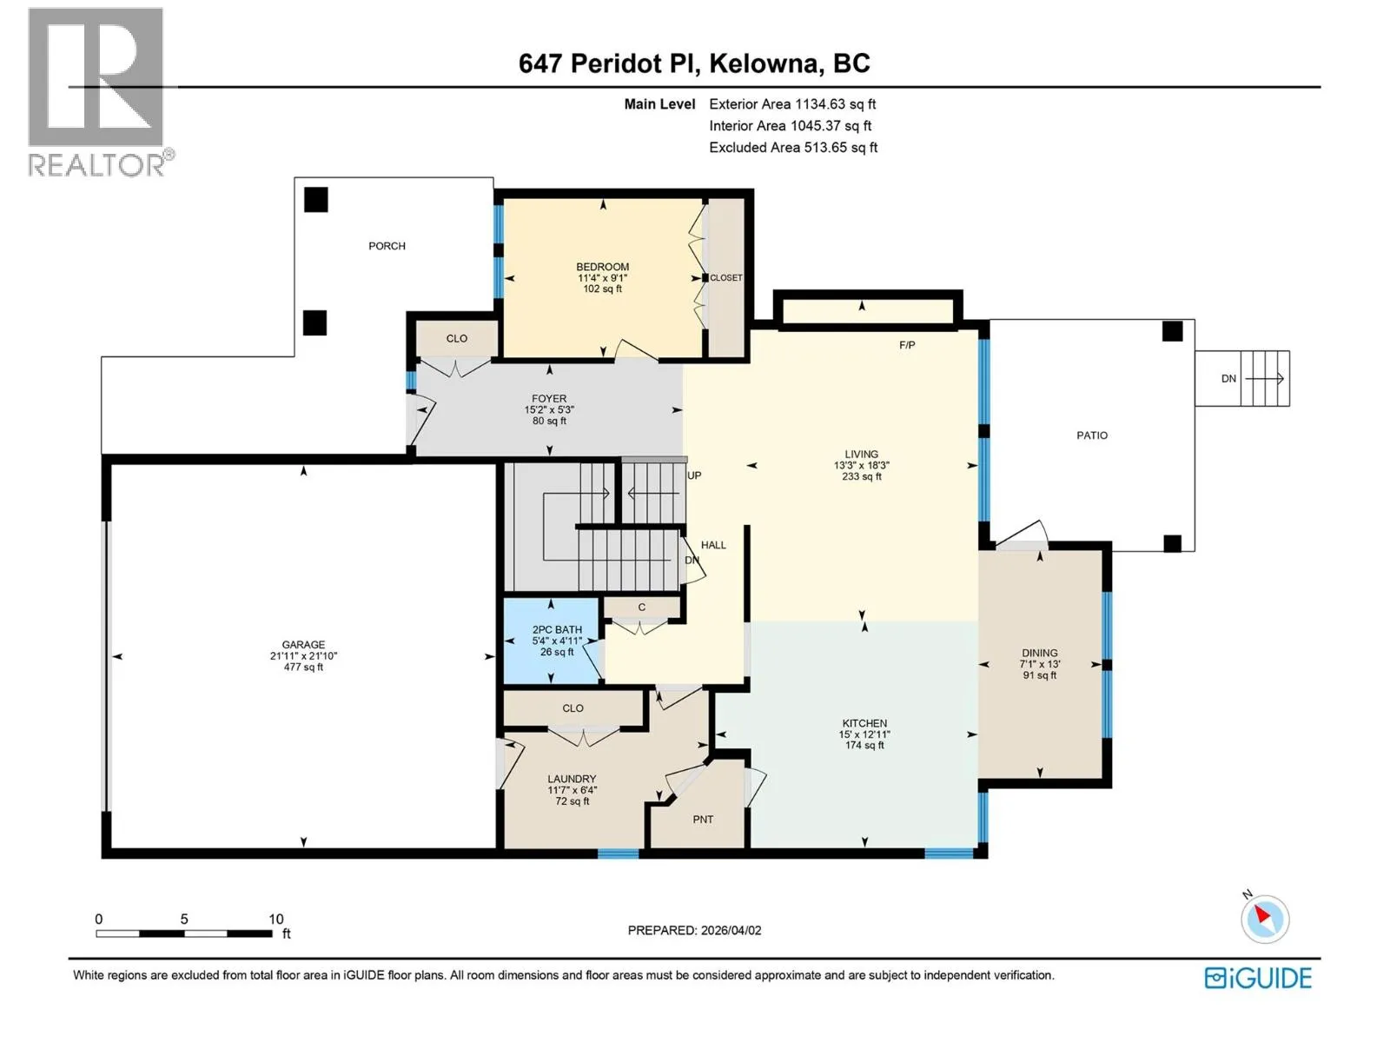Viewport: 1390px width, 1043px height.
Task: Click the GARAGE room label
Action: [x=303, y=644]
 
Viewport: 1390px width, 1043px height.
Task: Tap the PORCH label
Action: [x=387, y=246]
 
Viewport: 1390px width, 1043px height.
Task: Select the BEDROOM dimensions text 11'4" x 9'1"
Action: [x=602, y=278]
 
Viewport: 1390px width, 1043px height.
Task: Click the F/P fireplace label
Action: [x=907, y=345]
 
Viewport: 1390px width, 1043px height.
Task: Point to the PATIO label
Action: [x=1092, y=435]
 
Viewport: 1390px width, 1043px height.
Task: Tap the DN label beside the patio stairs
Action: [x=1228, y=379]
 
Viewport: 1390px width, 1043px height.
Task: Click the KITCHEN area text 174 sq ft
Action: [x=864, y=746]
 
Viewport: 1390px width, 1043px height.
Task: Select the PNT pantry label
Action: [x=703, y=820]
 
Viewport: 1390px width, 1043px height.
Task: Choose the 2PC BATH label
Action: [x=557, y=629]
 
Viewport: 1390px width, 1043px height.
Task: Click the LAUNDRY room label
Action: [x=572, y=779]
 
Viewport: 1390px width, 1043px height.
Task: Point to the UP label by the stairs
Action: [x=694, y=475]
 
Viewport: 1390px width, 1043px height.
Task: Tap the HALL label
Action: [x=713, y=545]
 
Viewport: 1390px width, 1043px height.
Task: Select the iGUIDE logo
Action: [x=1258, y=979]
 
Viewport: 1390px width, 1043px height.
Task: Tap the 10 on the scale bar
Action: [x=276, y=919]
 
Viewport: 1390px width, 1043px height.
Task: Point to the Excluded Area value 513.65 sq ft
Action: [x=841, y=148]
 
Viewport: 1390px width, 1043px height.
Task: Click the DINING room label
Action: [x=1039, y=653]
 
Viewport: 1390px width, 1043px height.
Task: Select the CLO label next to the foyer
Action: [x=457, y=339]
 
